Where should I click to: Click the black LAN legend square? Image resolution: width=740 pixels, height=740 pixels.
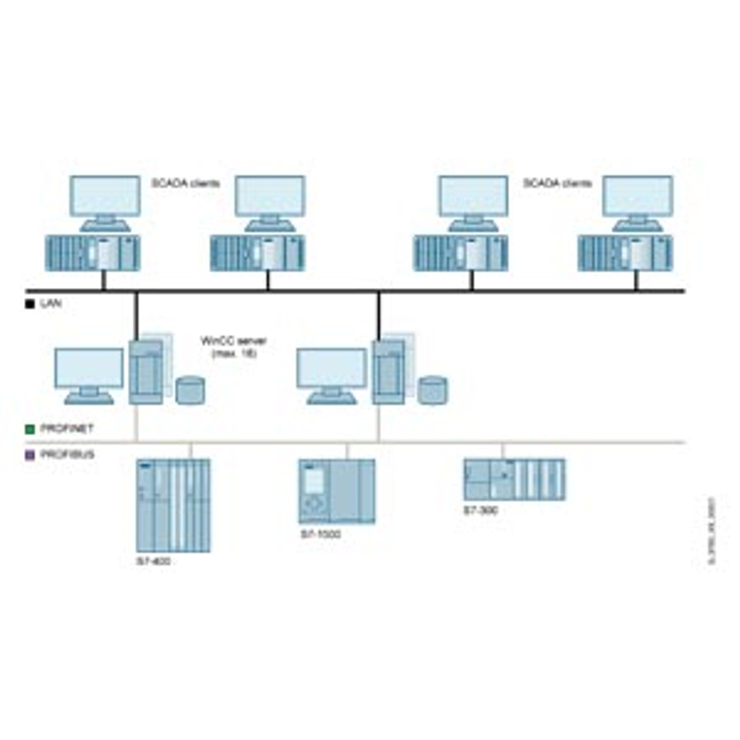coord(30,304)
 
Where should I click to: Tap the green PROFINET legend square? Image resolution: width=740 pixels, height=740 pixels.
coord(30,429)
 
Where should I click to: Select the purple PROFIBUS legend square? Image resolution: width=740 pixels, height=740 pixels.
coord(30,455)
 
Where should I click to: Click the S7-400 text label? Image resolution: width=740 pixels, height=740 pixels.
coord(153,561)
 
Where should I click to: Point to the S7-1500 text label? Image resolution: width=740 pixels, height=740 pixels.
coord(320,534)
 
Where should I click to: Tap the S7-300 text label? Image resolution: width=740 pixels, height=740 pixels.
coord(480,510)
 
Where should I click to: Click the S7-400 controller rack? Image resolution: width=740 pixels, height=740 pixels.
coord(173,505)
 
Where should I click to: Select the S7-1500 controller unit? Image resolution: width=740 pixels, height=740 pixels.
coord(336,491)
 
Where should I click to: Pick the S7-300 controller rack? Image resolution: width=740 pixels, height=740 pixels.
coord(514,479)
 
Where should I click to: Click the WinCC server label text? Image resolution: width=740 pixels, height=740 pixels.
coord(233,346)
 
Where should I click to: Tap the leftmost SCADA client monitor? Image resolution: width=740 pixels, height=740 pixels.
coord(105,197)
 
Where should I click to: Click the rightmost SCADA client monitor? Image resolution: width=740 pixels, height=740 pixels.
coord(638,197)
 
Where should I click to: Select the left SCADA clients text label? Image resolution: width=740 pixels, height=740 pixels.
coord(186,183)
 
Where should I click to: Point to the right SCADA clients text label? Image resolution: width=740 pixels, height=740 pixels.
coord(557,183)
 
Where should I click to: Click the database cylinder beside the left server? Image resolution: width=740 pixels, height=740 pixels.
coord(190,390)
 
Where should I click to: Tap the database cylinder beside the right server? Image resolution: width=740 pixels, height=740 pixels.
coord(433,390)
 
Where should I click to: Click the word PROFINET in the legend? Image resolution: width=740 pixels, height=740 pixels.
coord(67,429)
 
